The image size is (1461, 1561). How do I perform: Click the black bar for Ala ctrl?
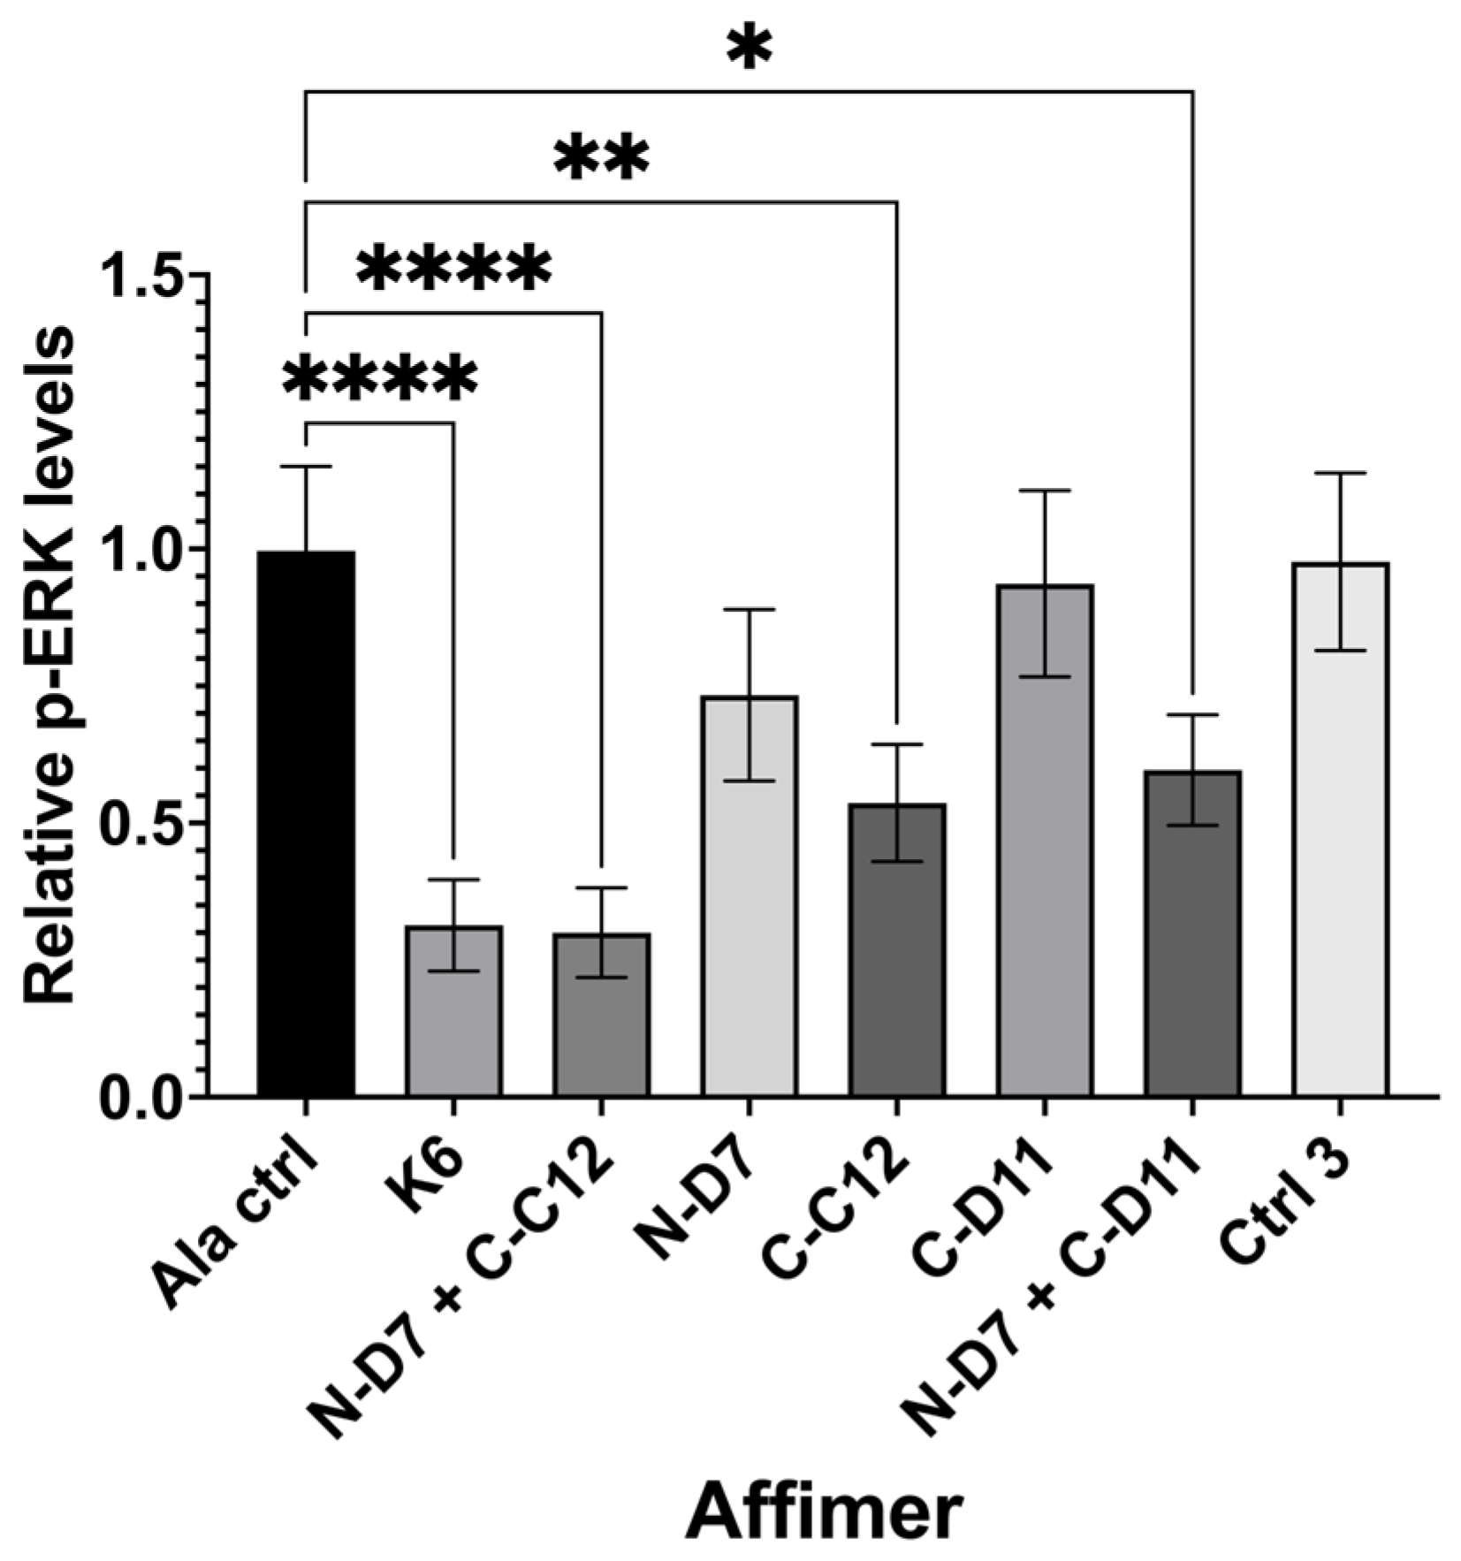(x=306, y=822)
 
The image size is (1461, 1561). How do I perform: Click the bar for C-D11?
(x=1044, y=840)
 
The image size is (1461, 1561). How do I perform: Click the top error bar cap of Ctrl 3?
(x=1339, y=474)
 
